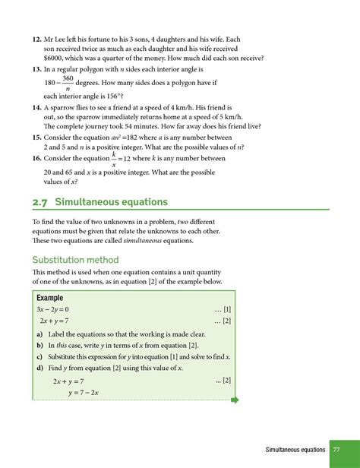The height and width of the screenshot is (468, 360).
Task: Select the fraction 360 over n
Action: [68, 84]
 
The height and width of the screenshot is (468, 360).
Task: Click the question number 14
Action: [36, 109]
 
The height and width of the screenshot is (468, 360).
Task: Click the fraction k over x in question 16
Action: [113, 160]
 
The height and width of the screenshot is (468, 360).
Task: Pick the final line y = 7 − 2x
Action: [84, 392]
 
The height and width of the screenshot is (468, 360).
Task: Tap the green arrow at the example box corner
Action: [234, 400]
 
